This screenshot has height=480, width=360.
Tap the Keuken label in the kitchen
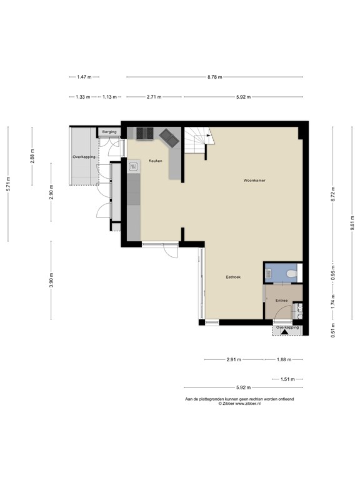point(155,161)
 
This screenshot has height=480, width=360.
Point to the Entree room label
point(281,301)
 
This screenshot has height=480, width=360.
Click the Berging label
point(109,132)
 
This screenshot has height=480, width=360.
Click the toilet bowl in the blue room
point(289,272)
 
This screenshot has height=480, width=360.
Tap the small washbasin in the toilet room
point(268,272)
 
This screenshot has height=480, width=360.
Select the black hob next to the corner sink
point(145,132)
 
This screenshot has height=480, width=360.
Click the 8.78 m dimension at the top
point(215,77)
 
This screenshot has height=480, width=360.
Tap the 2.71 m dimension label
point(154,97)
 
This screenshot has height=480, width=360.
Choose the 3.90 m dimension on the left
point(51,281)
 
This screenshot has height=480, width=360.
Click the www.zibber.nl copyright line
point(239,404)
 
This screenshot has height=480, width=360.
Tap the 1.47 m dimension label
point(84,77)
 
